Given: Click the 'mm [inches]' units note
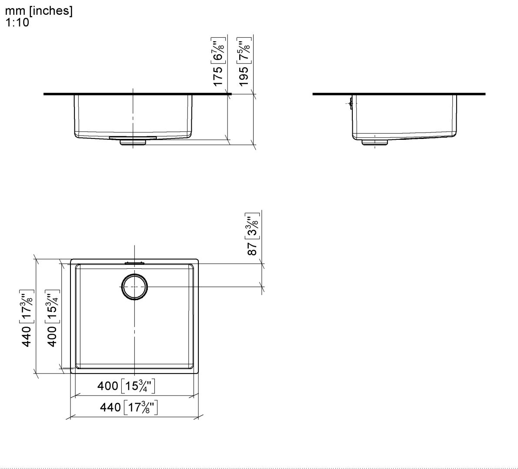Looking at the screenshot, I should (39, 11).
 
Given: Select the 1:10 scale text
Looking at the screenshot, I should (17, 23).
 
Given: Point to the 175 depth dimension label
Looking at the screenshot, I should (218, 75).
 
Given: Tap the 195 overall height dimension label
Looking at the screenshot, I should (244, 75).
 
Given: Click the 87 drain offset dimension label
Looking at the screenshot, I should (252, 248).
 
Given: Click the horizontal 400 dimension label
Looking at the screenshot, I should (107, 386).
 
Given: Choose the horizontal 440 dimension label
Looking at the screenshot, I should (110, 407).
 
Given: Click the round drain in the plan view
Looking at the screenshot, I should (134, 287).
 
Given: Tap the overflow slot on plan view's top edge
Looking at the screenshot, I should (134, 262).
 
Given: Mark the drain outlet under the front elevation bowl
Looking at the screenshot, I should (133, 142).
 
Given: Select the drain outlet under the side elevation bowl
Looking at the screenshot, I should (375, 141).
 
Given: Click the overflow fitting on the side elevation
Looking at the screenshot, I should (350, 103).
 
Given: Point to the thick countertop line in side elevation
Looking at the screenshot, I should (399, 94).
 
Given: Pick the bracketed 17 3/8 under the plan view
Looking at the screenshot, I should (140, 407).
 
